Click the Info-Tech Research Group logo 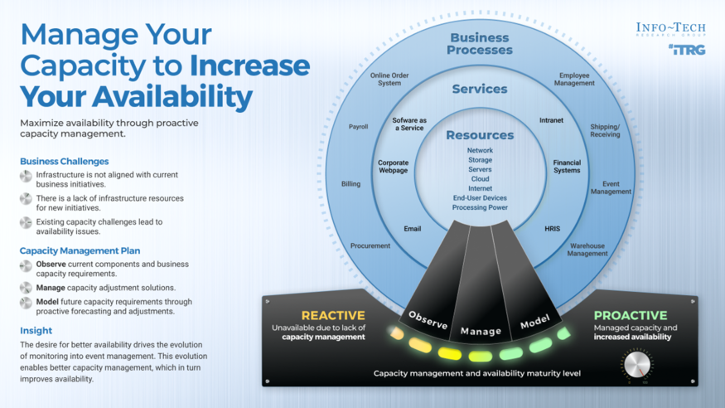click(670, 30)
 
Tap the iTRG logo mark click(687, 51)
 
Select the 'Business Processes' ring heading click(480, 43)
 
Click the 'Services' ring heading click(480, 89)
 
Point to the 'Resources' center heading click(480, 134)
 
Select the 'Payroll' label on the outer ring click(358, 127)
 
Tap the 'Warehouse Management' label click(587, 250)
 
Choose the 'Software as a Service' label click(408, 124)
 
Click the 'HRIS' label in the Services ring click(553, 228)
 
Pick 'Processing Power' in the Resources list click(480, 207)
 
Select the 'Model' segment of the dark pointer click(534, 320)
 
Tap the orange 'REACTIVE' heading click(333, 315)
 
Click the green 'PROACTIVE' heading click(631, 315)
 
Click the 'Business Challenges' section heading click(65, 161)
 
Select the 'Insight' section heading click(36, 330)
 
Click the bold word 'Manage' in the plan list click(50, 287)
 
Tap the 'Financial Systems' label click(567, 167)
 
